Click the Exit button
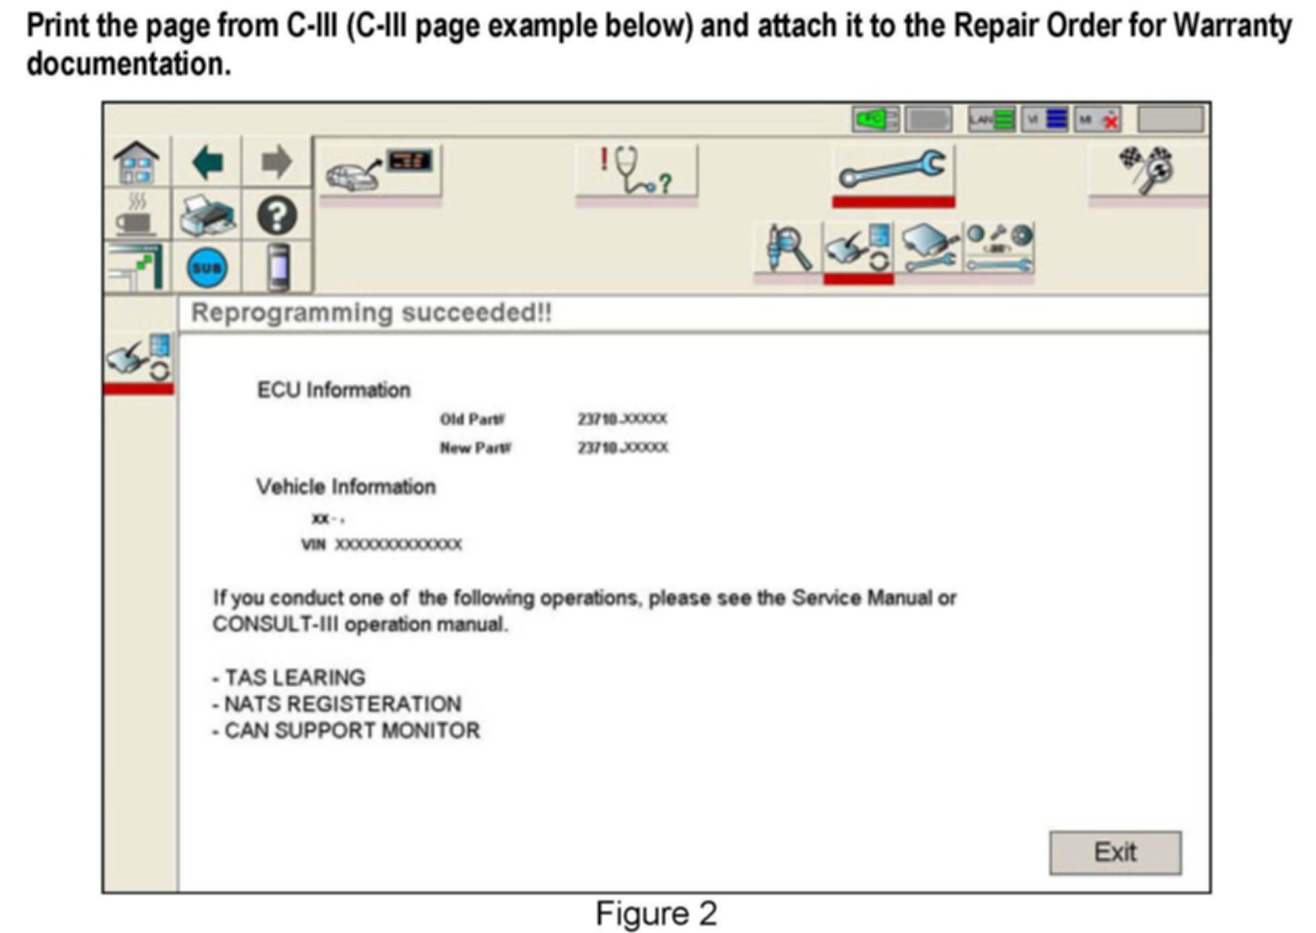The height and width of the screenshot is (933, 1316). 1114,852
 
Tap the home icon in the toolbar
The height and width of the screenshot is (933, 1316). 137,162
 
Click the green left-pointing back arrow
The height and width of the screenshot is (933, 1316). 207,162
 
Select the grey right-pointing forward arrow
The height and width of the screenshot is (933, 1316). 276,162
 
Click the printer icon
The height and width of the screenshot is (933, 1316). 207,216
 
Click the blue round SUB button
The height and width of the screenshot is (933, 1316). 206,268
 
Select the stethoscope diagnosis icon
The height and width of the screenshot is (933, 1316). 635,172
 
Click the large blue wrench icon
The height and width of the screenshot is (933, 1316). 892,170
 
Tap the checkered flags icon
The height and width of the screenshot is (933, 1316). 1147,170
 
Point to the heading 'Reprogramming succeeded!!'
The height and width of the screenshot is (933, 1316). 371,313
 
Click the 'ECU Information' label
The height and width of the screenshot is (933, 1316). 334,390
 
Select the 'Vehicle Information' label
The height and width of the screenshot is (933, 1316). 346,487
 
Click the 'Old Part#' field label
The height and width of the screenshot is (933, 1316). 472,420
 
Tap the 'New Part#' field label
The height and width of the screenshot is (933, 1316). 475,448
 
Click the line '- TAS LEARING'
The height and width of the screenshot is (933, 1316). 289,677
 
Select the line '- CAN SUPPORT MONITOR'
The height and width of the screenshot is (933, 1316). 346,731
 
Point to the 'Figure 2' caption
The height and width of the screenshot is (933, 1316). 656,914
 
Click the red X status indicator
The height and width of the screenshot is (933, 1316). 1110,122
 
